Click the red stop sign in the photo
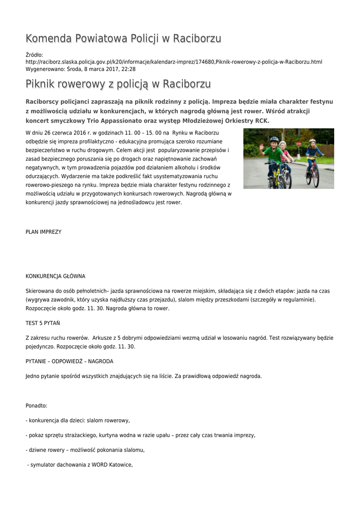click(299, 144)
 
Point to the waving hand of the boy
click(262, 147)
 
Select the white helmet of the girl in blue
click(312, 141)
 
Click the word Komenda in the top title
click(49, 39)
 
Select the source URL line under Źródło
click(174, 62)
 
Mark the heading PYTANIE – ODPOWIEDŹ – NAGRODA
click(70, 361)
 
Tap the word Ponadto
click(36, 406)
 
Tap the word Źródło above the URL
click(34, 55)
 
